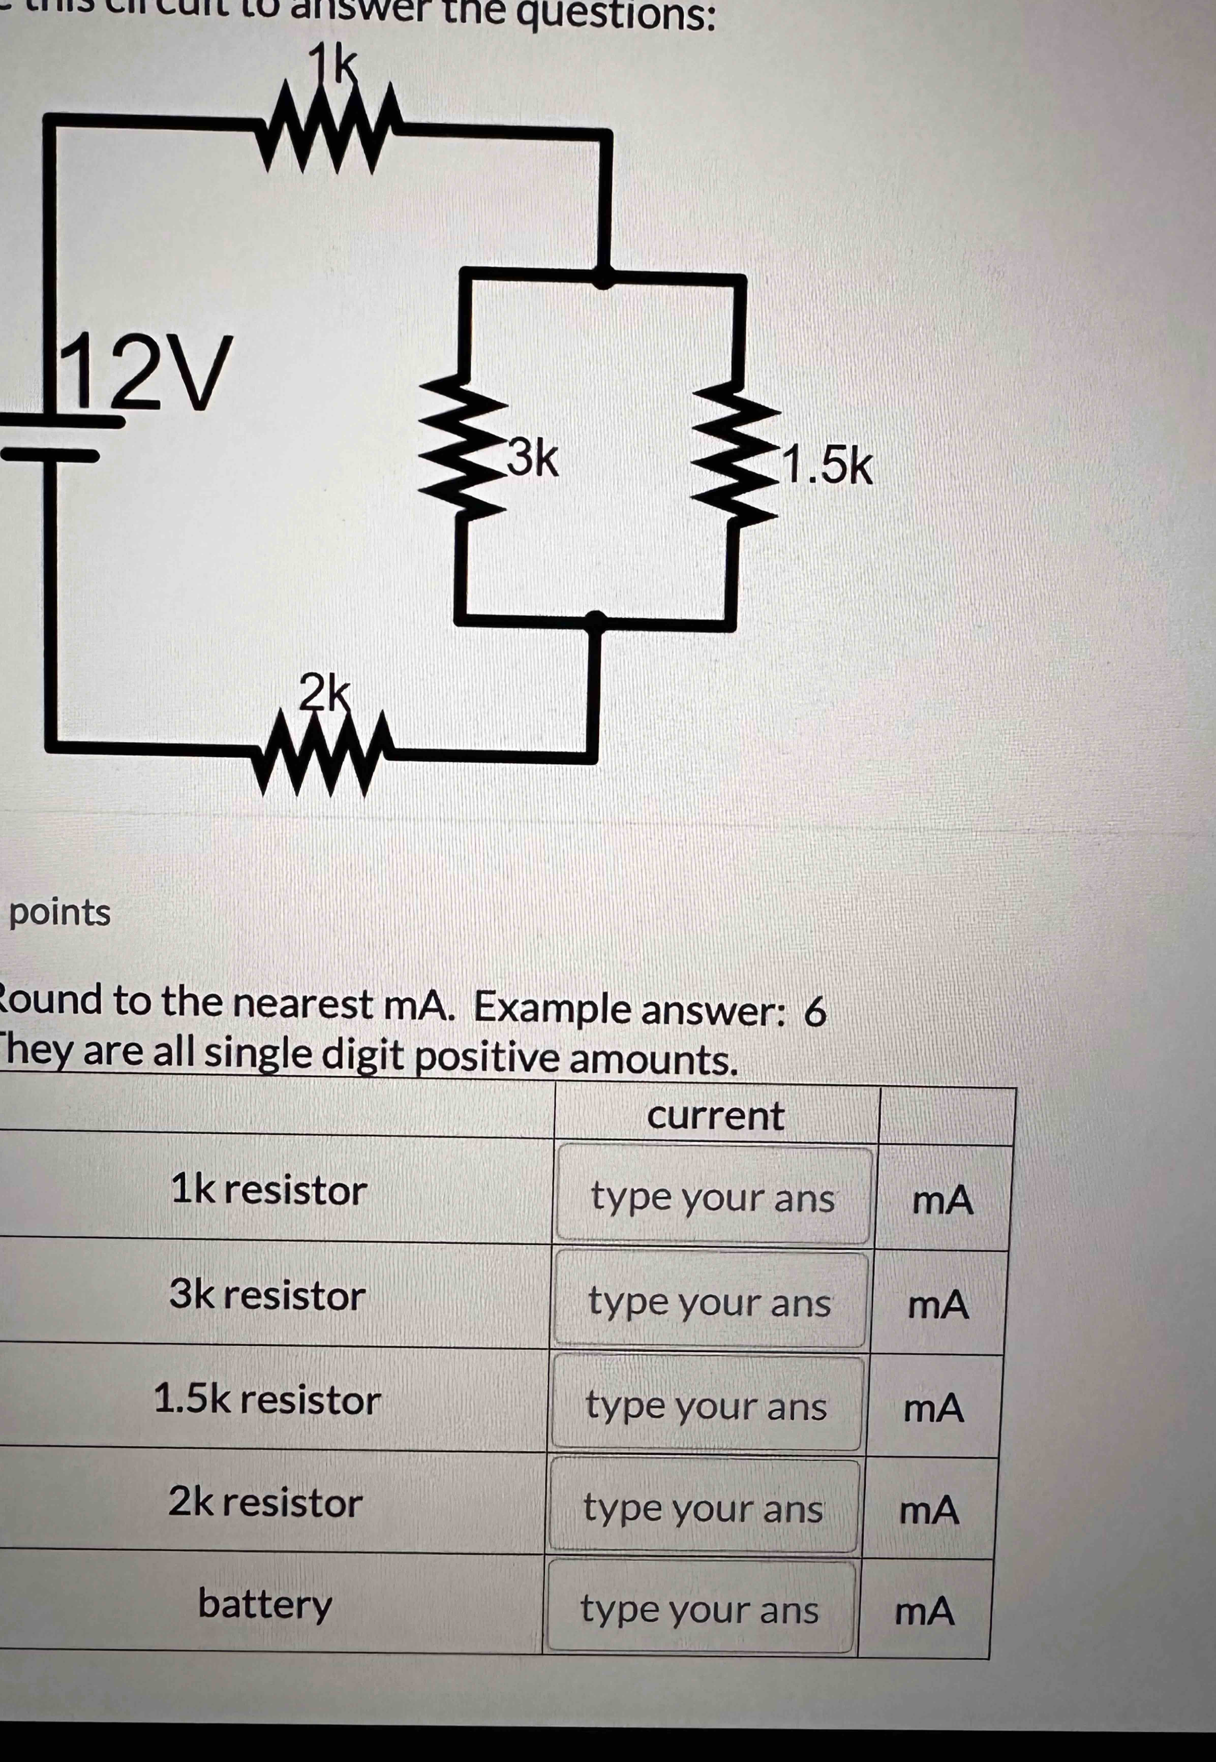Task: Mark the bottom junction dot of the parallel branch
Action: point(597,621)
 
